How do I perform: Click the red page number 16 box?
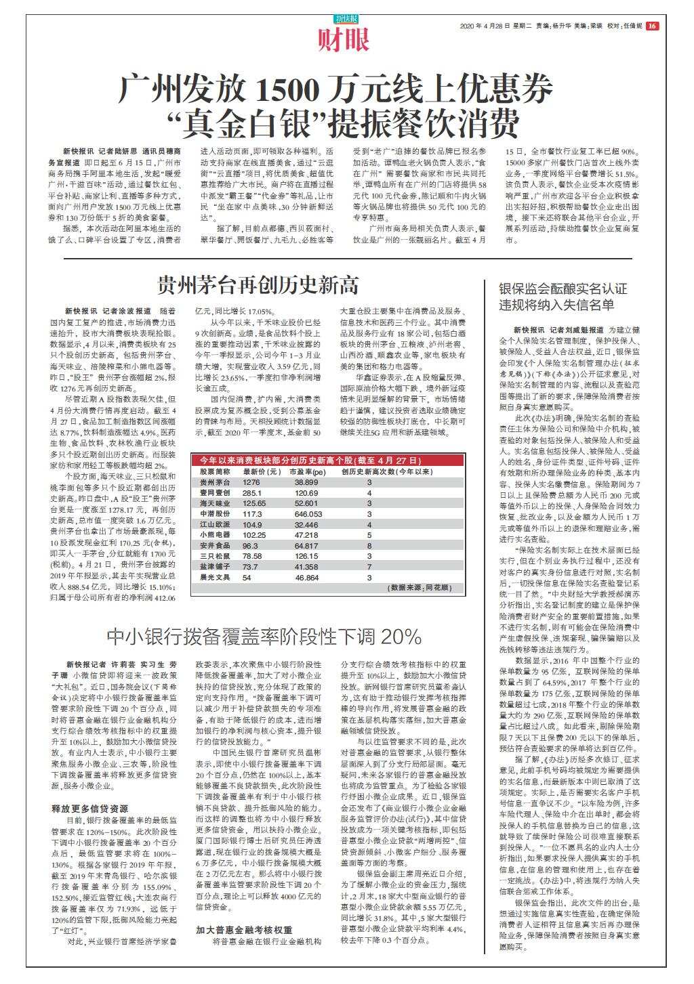pyautogui.click(x=652, y=26)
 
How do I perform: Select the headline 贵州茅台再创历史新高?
pyautogui.click(x=258, y=284)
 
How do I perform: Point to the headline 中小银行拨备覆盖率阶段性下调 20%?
pyautogui.click(x=264, y=637)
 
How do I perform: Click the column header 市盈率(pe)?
pyautogui.click(x=307, y=471)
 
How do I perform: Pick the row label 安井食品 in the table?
pyautogui.click(x=210, y=546)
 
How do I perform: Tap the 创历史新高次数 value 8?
pyautogui.click(x=369, y=546)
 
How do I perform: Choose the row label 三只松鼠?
pyautogui.click(x=210, y=556)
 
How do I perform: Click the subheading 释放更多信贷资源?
pyautogui.click(x=89, y=809)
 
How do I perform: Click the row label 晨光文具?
pyautogui.click(x=210, y=578)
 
